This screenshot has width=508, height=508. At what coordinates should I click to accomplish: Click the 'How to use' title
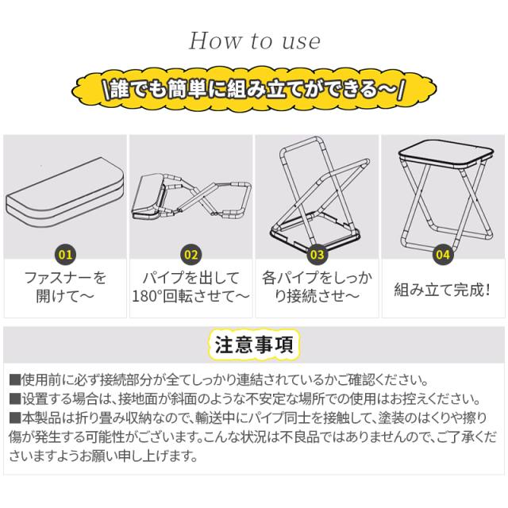(x=255, y=41)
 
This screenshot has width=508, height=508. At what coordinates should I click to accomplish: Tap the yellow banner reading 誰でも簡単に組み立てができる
(x=254, y=90)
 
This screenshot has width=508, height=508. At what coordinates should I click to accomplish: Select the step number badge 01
(x=65, y=254)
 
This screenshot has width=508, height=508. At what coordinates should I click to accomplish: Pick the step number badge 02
(x=191, y=254)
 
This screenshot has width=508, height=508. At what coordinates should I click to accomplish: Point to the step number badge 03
(x=317, y=254)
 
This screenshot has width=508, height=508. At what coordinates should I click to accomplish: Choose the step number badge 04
(x=443, y=254)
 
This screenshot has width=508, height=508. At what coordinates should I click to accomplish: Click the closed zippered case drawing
(x=65, y=192)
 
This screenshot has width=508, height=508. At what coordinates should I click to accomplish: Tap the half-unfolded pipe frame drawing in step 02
(x=191, y=198)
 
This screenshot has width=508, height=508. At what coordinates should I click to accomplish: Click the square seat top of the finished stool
(x=446, y=155)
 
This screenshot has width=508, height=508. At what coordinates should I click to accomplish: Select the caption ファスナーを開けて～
(x=65, y=287)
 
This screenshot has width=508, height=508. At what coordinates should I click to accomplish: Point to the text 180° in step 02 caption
(x=146, y=296)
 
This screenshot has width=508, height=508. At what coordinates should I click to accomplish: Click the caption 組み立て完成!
(x=442, y=289)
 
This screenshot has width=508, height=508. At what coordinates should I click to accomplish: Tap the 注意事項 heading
(x=254, y=344)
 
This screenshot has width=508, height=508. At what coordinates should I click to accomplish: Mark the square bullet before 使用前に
(x=15, y=379)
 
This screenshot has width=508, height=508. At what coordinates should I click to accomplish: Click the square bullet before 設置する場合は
(x=15, y=398)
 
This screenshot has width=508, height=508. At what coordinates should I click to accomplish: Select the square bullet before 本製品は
(x=15, y=418)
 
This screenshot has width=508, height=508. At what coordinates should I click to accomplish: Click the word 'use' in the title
(x=302, y=42)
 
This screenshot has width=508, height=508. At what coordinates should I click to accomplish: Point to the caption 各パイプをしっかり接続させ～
(x=317, y=287)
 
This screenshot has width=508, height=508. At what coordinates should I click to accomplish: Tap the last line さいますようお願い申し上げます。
(x=103, y=456)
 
